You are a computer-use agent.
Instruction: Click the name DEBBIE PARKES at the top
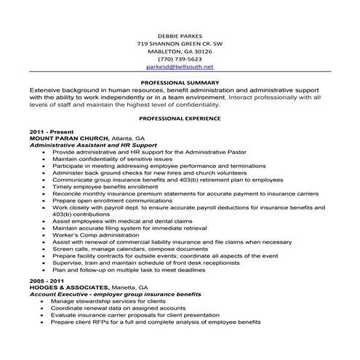tap(180, 35)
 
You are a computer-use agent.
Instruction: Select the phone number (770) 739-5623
tap(180, 59)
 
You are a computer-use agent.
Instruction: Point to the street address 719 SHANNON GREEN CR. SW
tap(180, 43)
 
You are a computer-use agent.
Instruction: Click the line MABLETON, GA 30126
tap(180, 51)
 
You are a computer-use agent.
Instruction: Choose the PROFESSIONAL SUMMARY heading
tap(180, 82)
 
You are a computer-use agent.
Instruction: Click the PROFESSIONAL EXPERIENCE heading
tap(180, 117)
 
